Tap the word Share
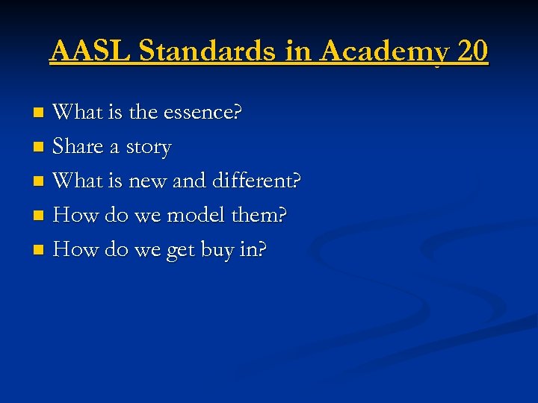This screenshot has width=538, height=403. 78,147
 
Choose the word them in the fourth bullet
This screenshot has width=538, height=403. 259,215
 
